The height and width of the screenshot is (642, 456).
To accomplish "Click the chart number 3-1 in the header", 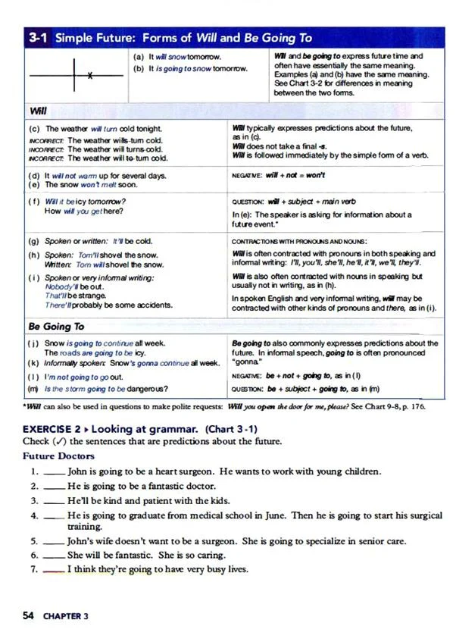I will [x=38, y=37].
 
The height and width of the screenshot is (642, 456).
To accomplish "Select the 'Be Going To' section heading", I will [x=56, y=327].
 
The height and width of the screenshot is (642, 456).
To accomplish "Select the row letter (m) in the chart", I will [x=33, y=389].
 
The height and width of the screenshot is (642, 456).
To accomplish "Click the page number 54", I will [x=29, y=616].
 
